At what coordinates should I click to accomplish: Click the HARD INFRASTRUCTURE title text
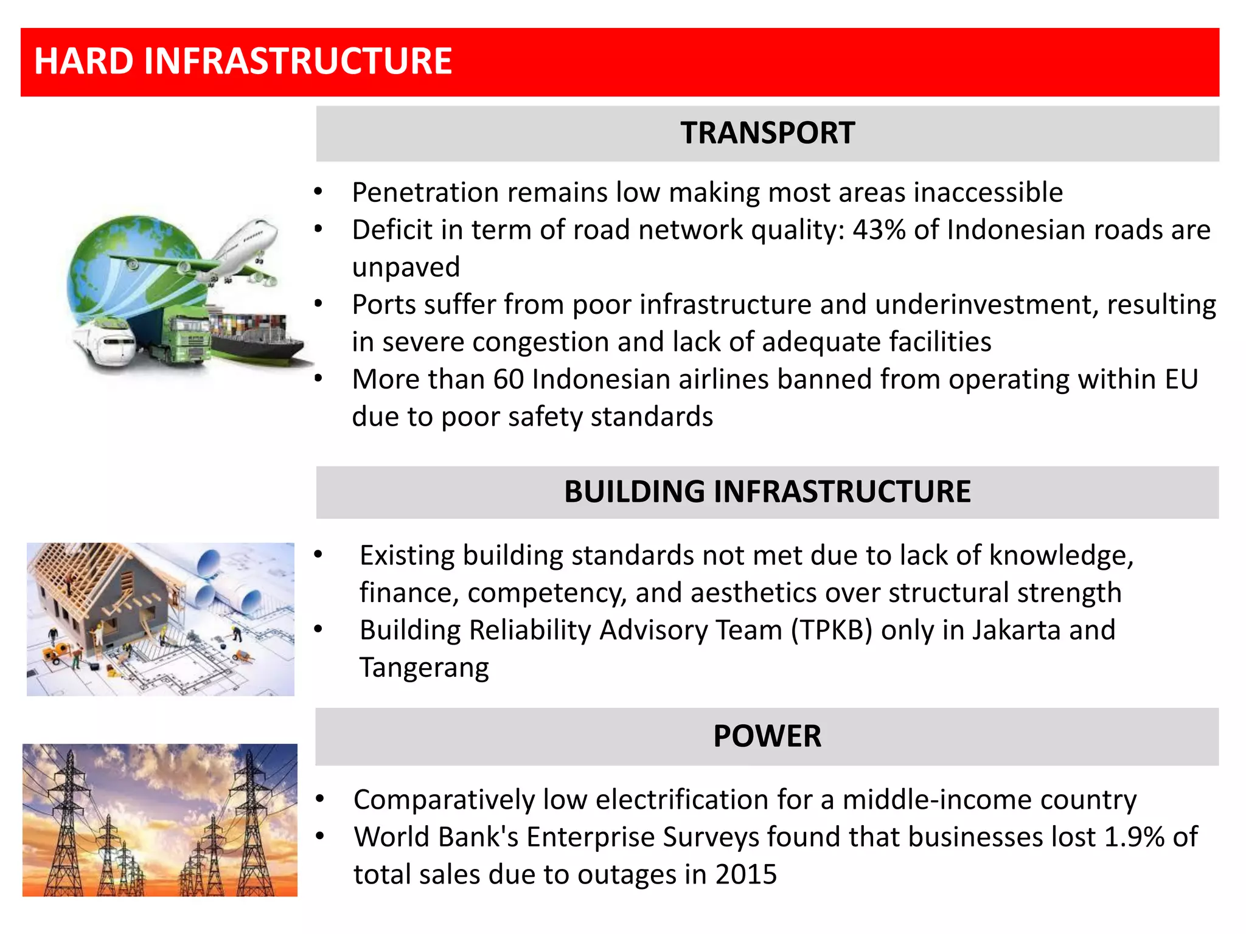243,61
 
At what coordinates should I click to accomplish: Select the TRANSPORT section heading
767,133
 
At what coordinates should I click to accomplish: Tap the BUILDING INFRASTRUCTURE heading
767,492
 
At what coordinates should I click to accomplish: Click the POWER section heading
767,736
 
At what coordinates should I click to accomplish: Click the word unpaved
406,268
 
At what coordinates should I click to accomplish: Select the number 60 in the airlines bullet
509,379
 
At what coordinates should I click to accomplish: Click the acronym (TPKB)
832,631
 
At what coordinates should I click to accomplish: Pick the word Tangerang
424,668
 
